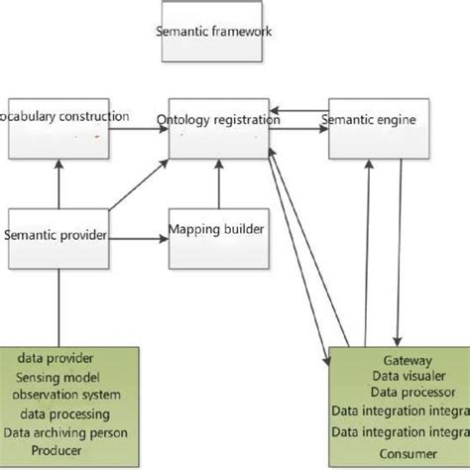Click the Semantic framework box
tap(213, 31)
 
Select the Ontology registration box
tap(217, 126)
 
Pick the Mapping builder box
tap(216, 236)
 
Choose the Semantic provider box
tap(57, 236)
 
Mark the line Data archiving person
tap(68, 432)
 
